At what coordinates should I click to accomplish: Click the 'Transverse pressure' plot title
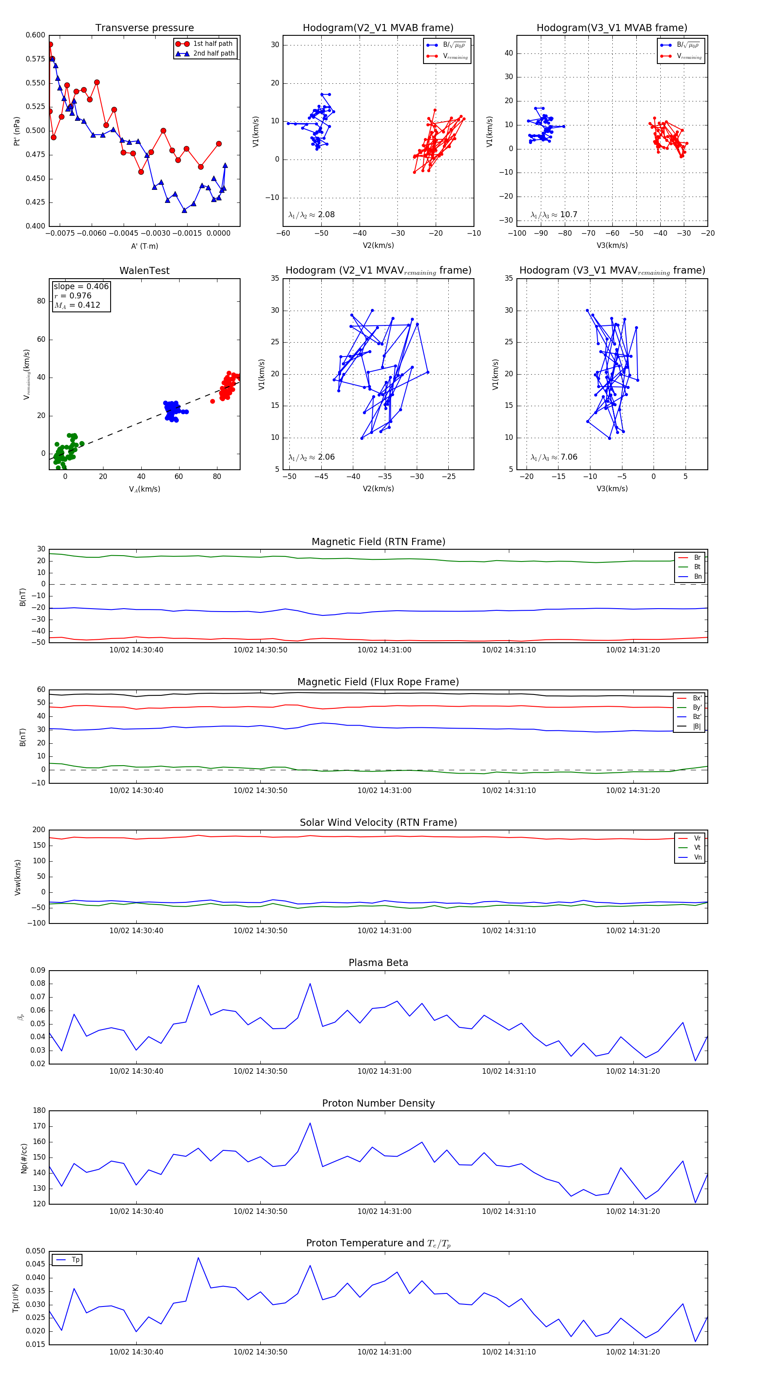[144, 28]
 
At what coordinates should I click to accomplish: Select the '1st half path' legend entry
[212, 44]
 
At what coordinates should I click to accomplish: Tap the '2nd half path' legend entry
[213, 53]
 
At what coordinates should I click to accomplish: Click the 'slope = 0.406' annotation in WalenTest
[81, 286]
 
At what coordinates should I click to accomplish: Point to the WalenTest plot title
[144, 271]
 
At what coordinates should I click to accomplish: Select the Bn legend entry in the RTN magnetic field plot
[697, 576]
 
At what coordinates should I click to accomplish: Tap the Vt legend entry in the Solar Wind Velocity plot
[697, 848]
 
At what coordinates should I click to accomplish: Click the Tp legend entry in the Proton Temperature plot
[75, 1260]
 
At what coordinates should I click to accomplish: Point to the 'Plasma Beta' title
[378, 963]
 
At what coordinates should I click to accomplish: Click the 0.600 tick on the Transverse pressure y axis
[36, 35]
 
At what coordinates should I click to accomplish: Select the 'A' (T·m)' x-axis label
[144, 246]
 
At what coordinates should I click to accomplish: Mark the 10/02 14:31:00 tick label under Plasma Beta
[384, 1071]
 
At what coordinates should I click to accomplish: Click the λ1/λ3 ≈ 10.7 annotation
[554, 215]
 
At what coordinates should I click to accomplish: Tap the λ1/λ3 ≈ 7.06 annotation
[554, 457]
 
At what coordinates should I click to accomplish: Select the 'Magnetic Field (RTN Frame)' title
[378, 542]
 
